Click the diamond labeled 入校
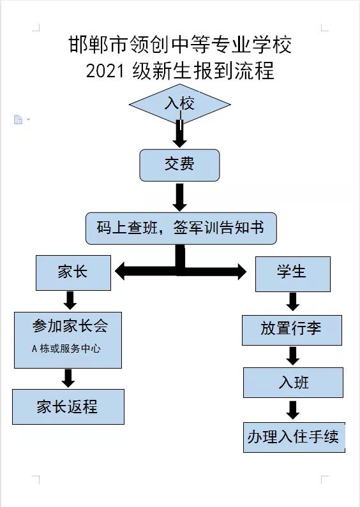(179, 104)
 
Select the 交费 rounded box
(179, 165)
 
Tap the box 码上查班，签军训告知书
(181, 228)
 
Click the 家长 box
(73, 272)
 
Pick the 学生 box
(293, 274)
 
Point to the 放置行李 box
(292, 330)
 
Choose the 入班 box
(293, 383)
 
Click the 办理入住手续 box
(294, 437)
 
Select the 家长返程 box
(68, 407)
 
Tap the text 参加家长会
(70, 326)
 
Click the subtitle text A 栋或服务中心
(66, 349)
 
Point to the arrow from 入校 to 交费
(179, 133)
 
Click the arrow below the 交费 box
(179, 197)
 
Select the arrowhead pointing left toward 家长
(120, 271)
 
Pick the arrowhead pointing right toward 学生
(242, 271)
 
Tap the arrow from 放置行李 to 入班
(293, 356)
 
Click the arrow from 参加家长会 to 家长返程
(68, 378)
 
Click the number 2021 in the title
(105, 71)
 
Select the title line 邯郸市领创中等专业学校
(180, 45)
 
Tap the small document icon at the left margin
(19, 119)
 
